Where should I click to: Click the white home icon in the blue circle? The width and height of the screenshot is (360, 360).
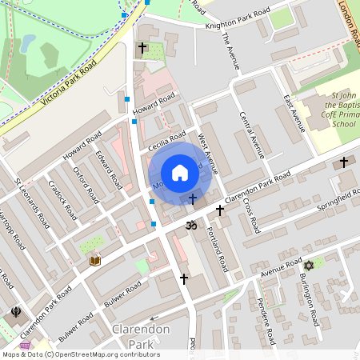pos(180,173)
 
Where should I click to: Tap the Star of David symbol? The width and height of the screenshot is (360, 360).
pos(308,265)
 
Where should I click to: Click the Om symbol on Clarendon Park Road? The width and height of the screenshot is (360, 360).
pos(190,225)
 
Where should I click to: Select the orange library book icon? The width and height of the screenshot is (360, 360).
pos(94,260)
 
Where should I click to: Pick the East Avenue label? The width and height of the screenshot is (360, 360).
pos(294,113)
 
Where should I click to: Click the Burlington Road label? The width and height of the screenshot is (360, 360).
pos(306,298)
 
